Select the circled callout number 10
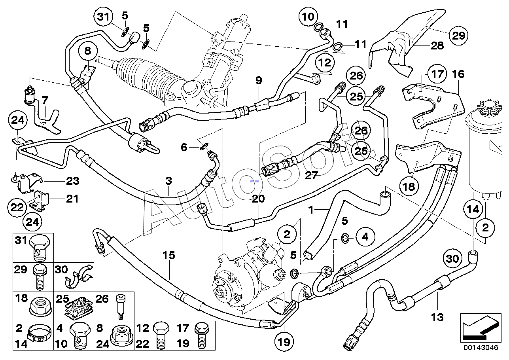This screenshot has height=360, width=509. (308, 16)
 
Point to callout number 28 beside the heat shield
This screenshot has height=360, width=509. (437, 46)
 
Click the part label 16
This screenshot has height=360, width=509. (458, 74)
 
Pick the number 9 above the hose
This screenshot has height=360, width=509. (259, 80)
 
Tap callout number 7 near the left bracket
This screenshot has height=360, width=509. (45, 100)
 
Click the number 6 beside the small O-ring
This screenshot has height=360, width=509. (184, 147)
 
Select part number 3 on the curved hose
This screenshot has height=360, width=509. (168, 181)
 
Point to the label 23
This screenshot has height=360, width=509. (73, 181)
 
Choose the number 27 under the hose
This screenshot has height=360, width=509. (311, 175)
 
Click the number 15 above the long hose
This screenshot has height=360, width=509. (168, 255)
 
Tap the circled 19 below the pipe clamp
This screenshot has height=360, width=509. (284, 341)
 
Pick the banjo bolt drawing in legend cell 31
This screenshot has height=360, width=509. (40, 247)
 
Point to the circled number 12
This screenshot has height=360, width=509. (325, 63)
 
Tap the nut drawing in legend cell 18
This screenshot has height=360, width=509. (41, 309)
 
